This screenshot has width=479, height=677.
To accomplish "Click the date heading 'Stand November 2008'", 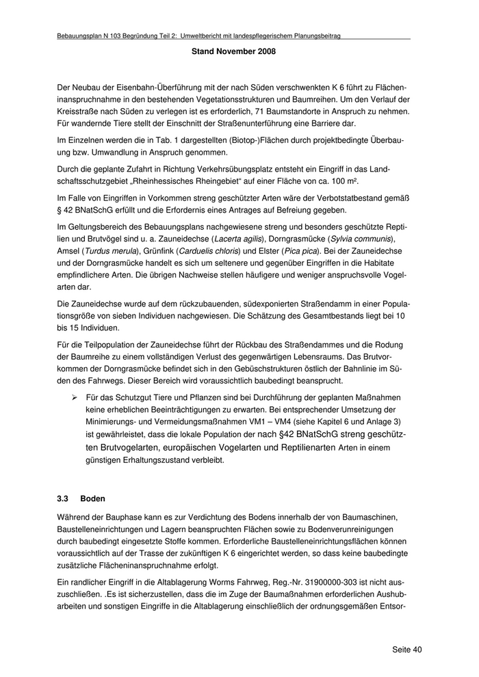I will tap(234, 52).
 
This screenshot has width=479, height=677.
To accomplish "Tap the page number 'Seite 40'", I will tap(407, 649).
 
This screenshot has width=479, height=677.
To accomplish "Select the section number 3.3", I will tap(63, 499).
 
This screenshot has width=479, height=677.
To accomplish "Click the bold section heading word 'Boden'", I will tap(93, 499).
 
